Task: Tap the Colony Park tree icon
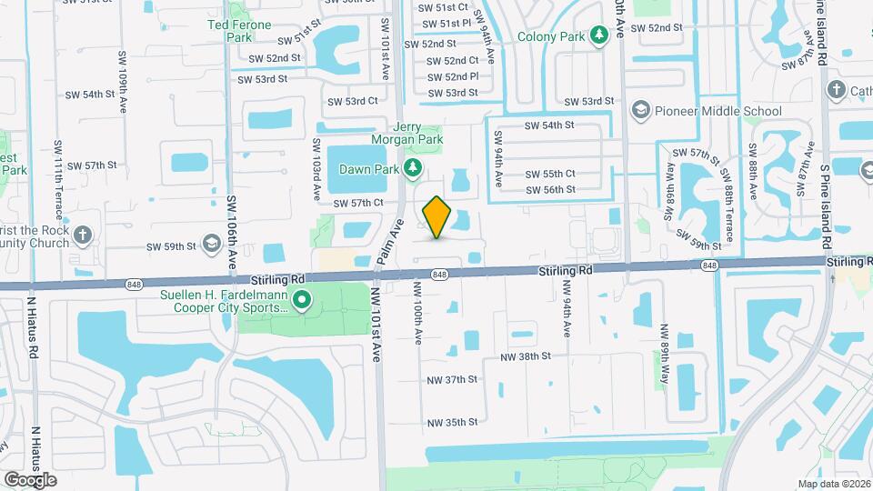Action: coord(598,35)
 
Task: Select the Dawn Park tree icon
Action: coord(413,168)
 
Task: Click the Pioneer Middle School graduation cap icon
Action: coord(641,111)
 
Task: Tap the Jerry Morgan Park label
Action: coord(406,133)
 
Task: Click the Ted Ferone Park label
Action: coord(239,31)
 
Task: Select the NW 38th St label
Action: coord(527,357)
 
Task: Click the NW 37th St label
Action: coord(452,379)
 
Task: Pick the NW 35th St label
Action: coord(452,422)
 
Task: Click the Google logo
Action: coord(30,479)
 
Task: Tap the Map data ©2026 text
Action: coord(833,484)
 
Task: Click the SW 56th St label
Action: coord(551,189)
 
